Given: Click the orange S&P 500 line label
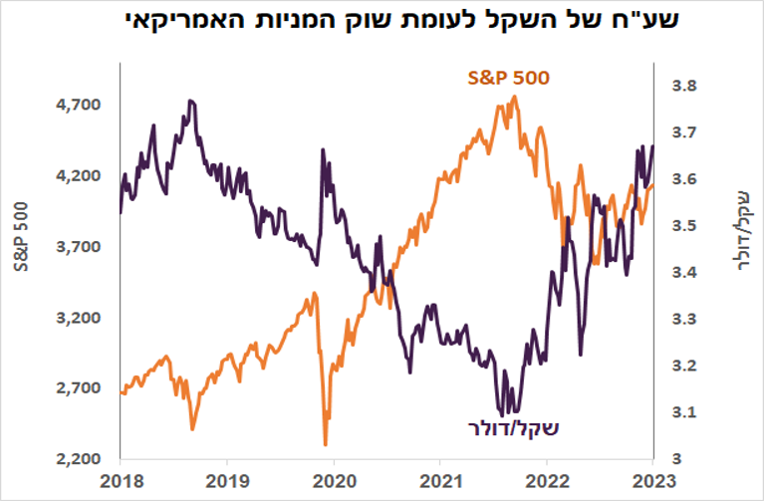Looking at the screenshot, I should click(x=508, y=79).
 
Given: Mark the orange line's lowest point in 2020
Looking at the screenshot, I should click(x=326, y=444).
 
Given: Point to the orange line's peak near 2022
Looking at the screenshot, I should click(x=514, y=97).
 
